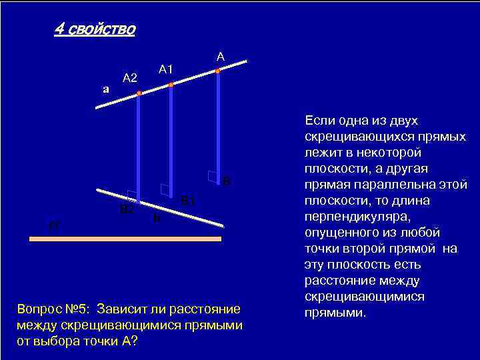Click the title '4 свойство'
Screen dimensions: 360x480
click(95, 30)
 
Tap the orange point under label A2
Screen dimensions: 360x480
click(139, 95)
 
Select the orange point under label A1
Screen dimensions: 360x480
click(171, 85)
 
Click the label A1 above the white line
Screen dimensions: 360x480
click(165, 69)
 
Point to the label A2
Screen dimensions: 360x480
click(129, 78)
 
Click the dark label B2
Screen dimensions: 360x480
click(127, 209)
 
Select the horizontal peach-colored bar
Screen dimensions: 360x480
click(125, 238)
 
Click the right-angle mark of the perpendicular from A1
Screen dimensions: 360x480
click(164, 189)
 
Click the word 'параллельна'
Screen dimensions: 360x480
click(391, 185)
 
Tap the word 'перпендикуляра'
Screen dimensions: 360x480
click(348, 217)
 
